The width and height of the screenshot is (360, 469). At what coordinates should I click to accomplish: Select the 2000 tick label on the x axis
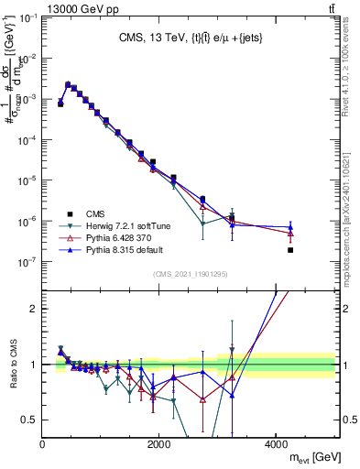tap(159, 444)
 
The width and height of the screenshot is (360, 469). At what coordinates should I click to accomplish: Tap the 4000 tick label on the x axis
tap(276, 444)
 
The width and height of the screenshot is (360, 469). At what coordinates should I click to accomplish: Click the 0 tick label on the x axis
tap(43, 444)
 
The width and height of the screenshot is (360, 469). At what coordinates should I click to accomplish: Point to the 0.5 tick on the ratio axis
tap(31, 420)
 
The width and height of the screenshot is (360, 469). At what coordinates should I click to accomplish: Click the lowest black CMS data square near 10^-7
tap(290, 249)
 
